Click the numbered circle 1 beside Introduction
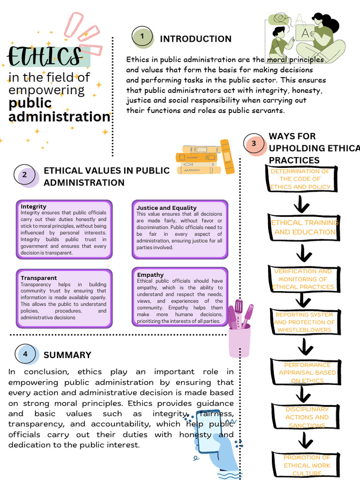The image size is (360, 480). click(x=142, y=37)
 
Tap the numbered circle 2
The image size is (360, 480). click(x=25, y=176)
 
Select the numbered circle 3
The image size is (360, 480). click(x=254, y=143)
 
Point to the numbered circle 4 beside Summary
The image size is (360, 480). click(x=25, y=354)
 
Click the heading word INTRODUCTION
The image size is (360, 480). click(x=195, y=39)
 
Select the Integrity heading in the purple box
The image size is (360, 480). click(x=33, y=206)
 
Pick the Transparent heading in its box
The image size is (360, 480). click(x=38, y=278)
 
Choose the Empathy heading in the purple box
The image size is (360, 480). click(x=150, y=275)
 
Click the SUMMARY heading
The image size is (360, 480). click(x=67, y=355)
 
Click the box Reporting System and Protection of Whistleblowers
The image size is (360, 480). click(x=304, y=322)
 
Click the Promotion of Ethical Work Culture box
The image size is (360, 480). click(x=307, y=465)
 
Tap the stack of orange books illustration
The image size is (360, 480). click(x=202, y=158)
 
